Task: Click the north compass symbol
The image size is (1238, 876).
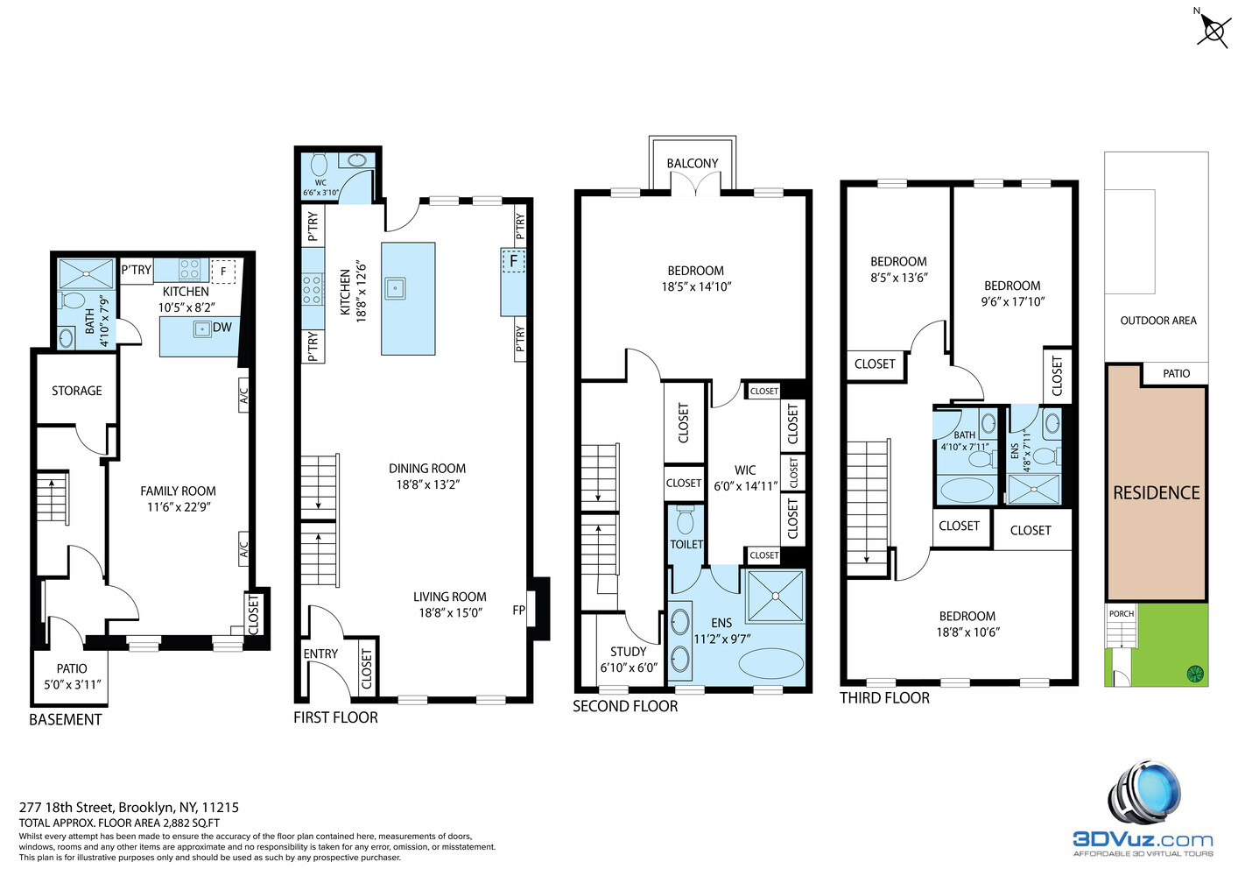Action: [x=1213, y=32]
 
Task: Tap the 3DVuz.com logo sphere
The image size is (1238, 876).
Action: [x=1147, y=792]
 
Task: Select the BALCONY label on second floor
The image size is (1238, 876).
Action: [x=692, y=164]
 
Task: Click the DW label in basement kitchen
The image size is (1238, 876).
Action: [x=222, y=328]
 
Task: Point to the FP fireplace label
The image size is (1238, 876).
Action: [x=519, y=611]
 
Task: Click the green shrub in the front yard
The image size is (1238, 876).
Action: [x=1194, y=674]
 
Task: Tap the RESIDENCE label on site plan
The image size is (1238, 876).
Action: [x=1156, y=493]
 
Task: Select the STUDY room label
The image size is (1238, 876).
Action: [x=628, y=652]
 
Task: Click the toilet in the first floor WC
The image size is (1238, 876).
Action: [x=320, y=164]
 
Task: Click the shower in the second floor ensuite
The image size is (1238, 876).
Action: [x=775, y=596]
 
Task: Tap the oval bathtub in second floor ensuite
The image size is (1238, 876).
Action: [x=770, y=663]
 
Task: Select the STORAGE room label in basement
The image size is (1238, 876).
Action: [x=76, y=391]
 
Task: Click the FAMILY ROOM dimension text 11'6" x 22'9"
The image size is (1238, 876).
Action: [x=179, y=507]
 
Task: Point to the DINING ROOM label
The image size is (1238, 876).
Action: [x=427, y=469]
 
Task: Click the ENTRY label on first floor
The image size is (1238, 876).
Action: [x=320, y=653]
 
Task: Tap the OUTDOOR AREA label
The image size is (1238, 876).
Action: [x=1157, y=321]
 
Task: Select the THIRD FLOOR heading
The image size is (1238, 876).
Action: [x=884, y=698]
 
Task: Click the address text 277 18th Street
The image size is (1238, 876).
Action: [x=129, y=808]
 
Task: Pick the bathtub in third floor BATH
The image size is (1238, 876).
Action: [x=966, y=489]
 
